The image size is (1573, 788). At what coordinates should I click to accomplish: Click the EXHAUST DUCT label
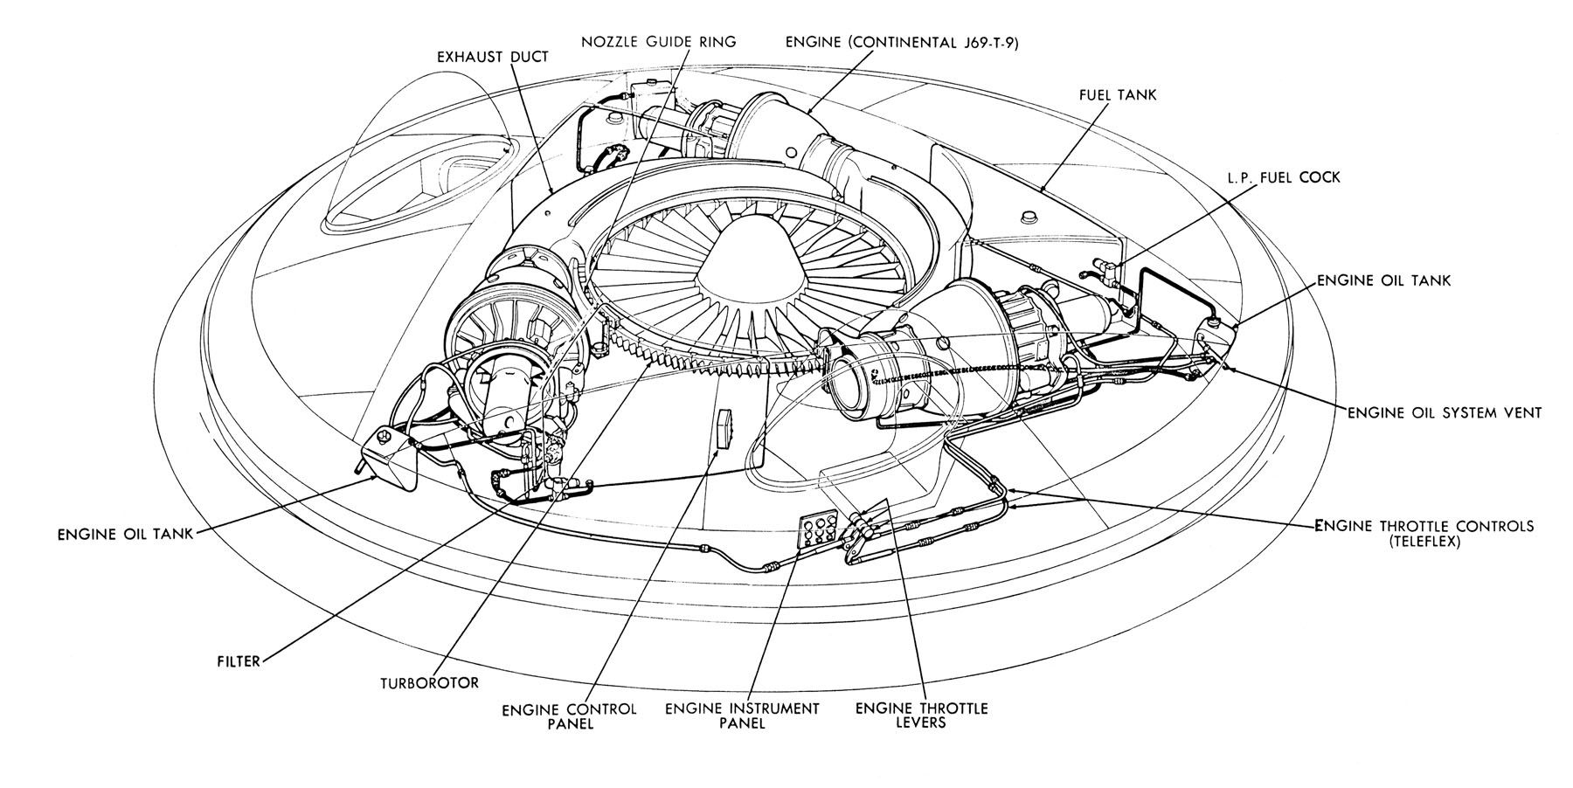(x=493, y=57)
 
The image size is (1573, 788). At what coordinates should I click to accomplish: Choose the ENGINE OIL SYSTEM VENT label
(x=1444, y=411)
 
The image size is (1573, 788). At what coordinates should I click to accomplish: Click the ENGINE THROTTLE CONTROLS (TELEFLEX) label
(x=1424, y=534)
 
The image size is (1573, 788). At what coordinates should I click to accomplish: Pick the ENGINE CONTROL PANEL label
(x=569, y=716)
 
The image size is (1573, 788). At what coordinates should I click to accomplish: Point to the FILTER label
(x=239, y=661)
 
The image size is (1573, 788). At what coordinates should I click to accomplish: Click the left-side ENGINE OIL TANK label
(x=125, y=535)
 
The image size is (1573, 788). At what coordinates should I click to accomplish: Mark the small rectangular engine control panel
(x=723, y=429)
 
